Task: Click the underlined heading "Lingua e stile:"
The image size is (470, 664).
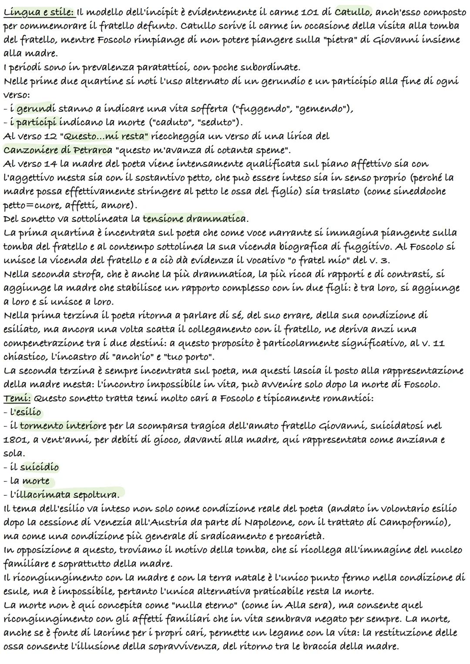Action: [39, 12]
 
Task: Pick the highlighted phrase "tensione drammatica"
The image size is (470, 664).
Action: [194, 218]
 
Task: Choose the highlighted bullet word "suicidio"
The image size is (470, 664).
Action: [40, 467]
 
